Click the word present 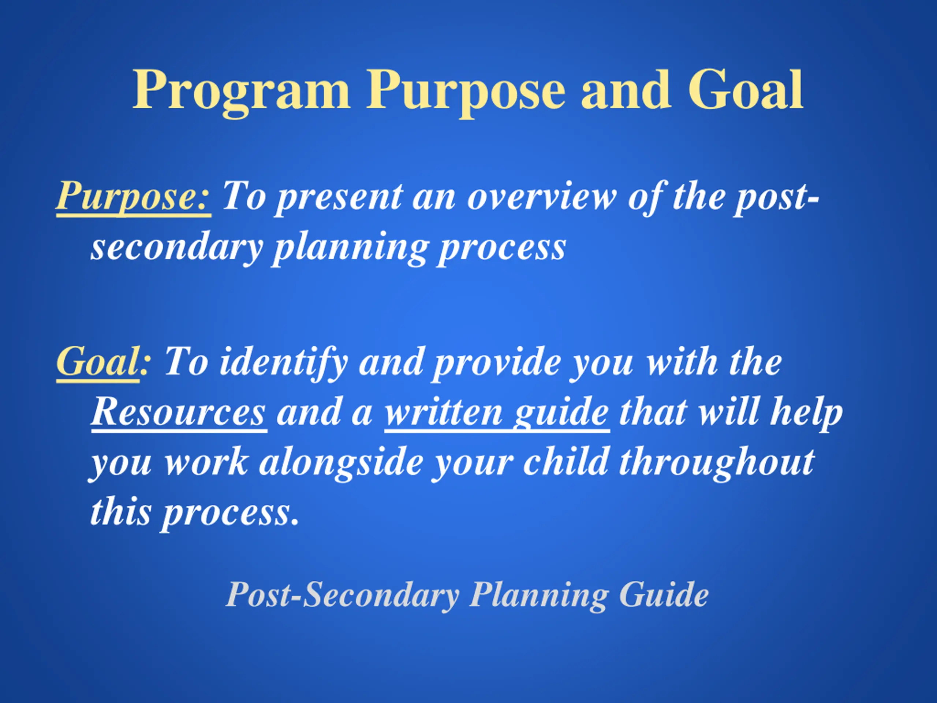point(339,198)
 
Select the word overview point(542,197)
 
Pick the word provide point(496,364)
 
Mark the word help point(807,413)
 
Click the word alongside point(341,463)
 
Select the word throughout point(716,463)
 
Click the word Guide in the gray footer point(664,595)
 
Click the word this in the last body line point(120,512)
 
